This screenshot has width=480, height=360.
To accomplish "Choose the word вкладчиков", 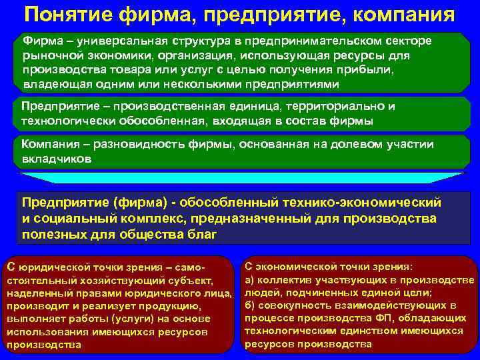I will click(x=57, y=160).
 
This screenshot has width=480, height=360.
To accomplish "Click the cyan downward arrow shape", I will click(x=241, y=177).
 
